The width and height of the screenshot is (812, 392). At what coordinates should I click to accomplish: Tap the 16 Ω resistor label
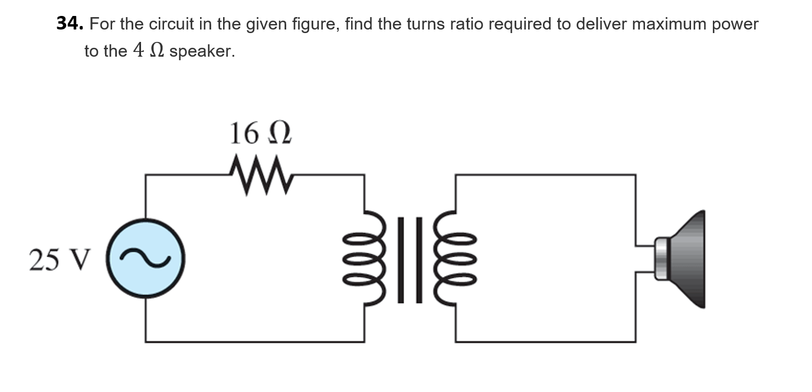click(260, 133)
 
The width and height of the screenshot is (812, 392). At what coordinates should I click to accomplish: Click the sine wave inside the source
click(146, 258)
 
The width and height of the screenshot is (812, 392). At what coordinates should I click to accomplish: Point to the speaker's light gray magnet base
click(662, 258)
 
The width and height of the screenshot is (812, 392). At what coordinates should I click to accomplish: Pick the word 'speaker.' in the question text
click(202, 52)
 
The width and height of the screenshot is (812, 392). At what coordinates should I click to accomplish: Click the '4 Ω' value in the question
click(148, 51)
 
